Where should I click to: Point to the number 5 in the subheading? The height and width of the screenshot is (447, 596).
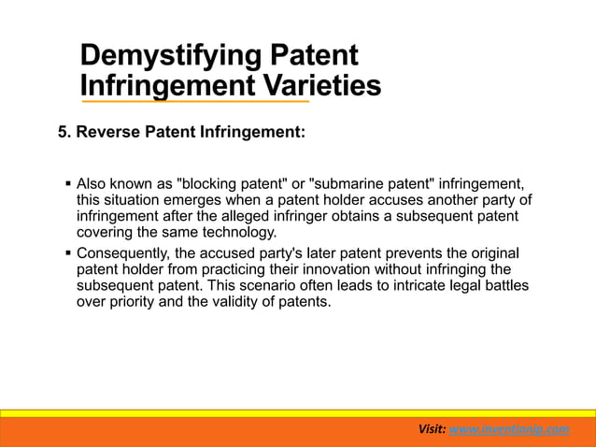pos(64,133)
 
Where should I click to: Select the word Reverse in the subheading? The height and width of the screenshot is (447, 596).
pos(106,133)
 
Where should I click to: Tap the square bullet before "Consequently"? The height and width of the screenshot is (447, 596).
pos(66,253)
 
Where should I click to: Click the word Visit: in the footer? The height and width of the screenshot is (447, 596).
pos(433,428)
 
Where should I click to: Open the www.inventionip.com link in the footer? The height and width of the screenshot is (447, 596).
pos(509,428)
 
